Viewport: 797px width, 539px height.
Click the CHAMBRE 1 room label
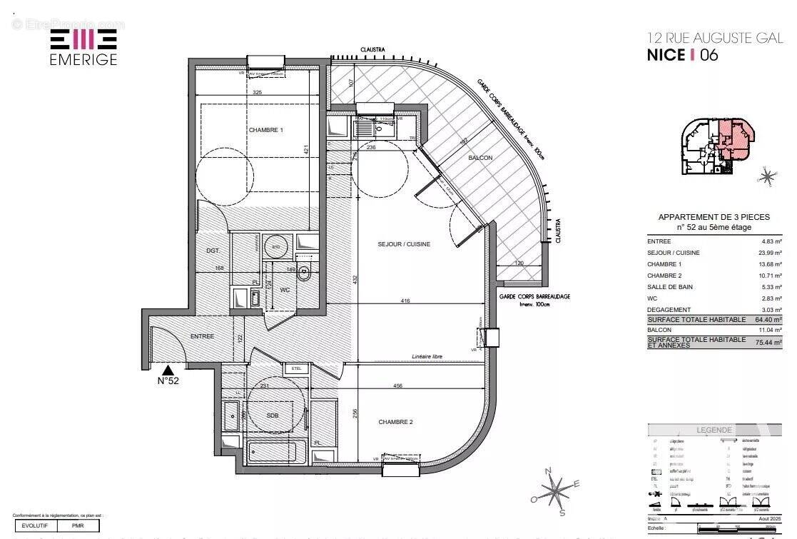pos(266,130)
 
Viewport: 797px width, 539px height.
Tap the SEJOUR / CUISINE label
pos(404,244)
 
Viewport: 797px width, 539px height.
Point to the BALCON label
pos(480,158)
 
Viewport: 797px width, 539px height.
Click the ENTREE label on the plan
pos(202,336)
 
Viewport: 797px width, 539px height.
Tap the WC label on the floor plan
pos(284,291)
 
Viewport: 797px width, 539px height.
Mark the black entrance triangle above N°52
pos(168,370)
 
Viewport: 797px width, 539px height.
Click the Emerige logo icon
pos(83,40)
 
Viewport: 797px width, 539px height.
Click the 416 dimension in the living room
pos(405,301)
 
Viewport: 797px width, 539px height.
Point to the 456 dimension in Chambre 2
pos(397,386)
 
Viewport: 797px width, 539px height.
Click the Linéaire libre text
pos(427,356)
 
